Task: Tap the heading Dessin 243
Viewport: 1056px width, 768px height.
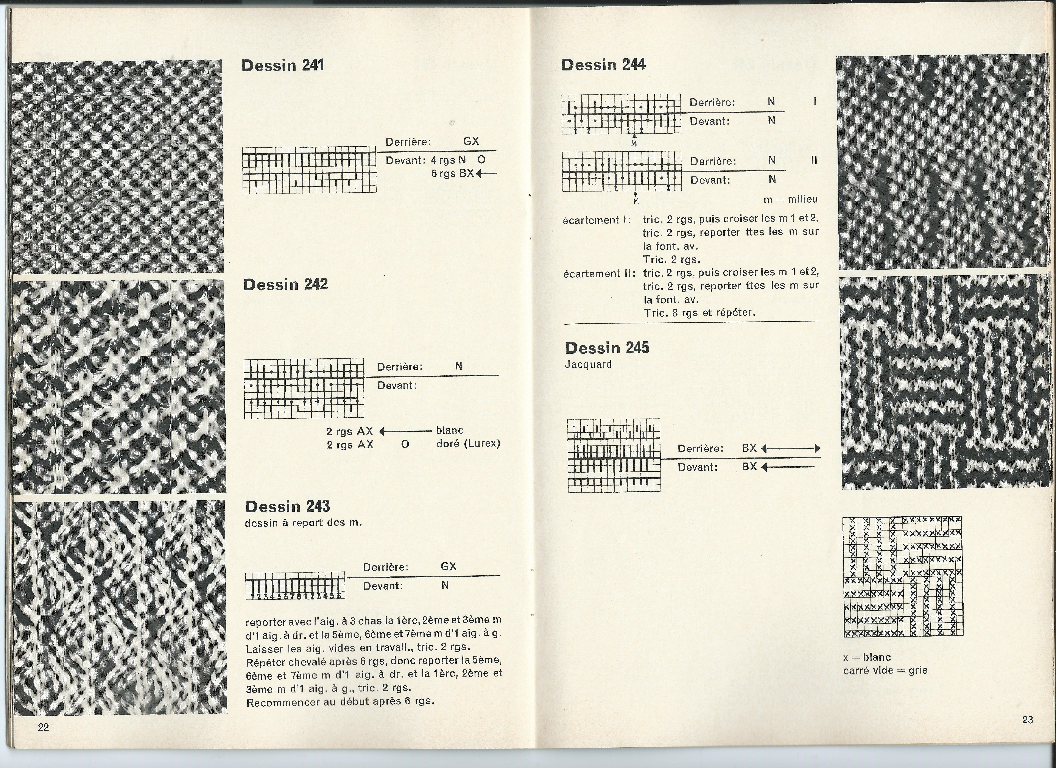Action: click(287, 506)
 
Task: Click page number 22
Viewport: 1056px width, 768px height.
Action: click(43, 727)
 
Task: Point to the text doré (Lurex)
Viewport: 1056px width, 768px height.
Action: click(468, 443)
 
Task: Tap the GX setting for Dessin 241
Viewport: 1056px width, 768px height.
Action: click(471, 141)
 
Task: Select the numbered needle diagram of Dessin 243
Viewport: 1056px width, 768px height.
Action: click(295, 585)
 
